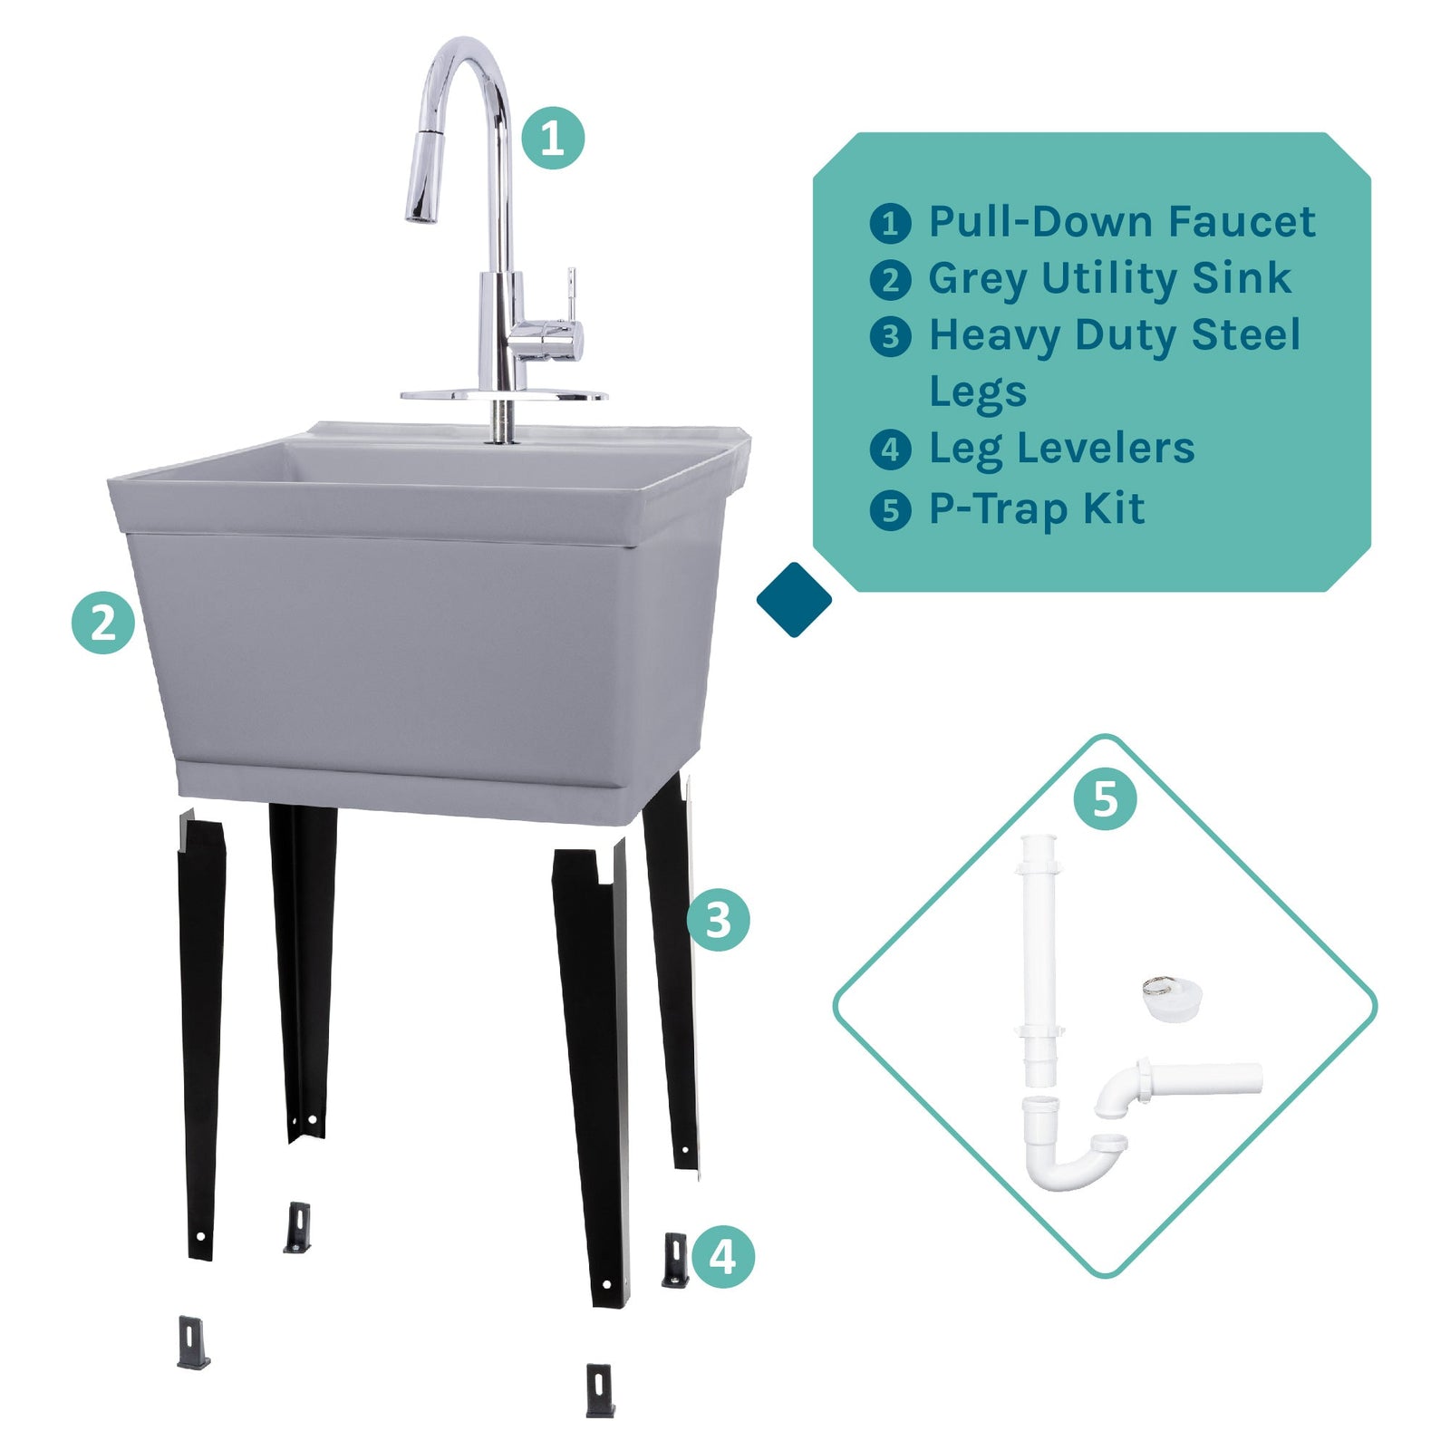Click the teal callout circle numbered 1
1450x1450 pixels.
pos(552,138)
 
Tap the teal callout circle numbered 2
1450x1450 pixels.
pos(103,623)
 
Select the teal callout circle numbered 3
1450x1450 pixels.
pos(718,920)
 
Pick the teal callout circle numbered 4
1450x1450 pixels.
pos(722,1257)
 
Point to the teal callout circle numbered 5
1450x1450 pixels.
pos(1105,798)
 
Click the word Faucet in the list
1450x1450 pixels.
pos(1241,222)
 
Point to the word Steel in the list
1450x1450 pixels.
pos(1245,334)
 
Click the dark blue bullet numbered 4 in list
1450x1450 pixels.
pos(890,449)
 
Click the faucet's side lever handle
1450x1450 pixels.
pos(572,299)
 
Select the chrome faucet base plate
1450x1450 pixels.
pos(504,396)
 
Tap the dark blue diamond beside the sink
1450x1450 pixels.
pos(794,599)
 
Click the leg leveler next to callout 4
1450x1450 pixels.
pos(675,1260)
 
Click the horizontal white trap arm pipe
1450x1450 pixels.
pos(1205,1078)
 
